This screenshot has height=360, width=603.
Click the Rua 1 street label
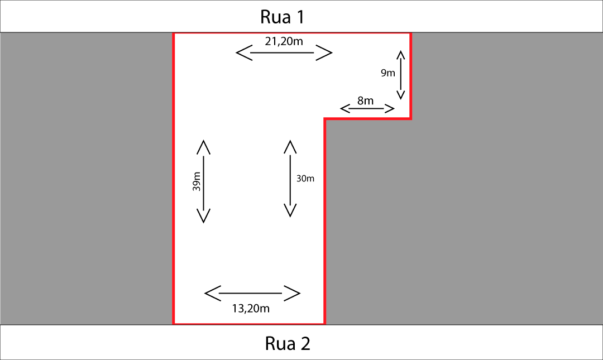tap(283, 17)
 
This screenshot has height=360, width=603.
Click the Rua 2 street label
tap(288, 343)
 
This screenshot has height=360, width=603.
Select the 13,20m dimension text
tap(251, 308)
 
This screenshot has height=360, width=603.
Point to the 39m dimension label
tap(197, 182)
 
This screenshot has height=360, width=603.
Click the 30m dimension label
tap(305, 179)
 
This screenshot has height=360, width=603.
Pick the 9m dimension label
tap(388, 73)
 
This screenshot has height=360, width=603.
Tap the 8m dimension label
tap(365, 100)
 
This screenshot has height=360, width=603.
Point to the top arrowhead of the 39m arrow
tap(203, 146)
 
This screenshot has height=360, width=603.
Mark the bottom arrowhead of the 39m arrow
tap(203, 216)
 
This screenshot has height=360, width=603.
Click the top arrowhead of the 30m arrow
tap(290, 146)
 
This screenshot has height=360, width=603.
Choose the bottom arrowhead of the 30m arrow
tap(290, 210)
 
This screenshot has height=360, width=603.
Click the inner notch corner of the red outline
tap(325, 119)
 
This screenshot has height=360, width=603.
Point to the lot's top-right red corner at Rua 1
tap(410, 33)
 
